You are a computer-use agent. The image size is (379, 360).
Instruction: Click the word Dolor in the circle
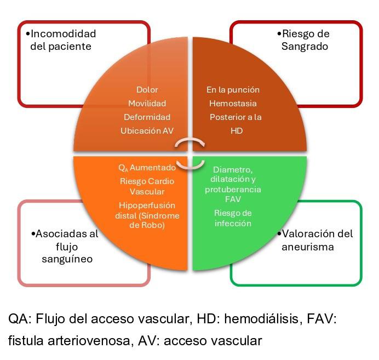click(x=146, y=89)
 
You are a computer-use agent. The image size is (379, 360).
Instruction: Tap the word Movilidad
click(x=147, y=103)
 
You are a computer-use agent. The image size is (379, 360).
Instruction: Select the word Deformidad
click(x=147, y=117)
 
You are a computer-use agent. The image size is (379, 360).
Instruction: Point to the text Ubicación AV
click(x=147, y=130)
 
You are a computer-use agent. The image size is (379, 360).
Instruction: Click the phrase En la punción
click(x=233, y=89)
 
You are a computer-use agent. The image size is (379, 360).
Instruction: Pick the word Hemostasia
click(x=233, y=103)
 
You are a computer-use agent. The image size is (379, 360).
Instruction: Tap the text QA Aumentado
click(x=147, y=167)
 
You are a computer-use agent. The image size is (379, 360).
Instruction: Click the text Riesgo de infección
click(x=233, y=218)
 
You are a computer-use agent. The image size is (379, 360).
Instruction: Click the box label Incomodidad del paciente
click(x=61, y=40)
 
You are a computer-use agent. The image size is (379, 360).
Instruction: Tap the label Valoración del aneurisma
click(x=317, y=240)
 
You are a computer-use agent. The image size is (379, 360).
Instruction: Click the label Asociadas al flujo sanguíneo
click(x=66, y=247)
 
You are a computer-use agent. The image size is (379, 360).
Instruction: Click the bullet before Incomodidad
click(x=27, y=34)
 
